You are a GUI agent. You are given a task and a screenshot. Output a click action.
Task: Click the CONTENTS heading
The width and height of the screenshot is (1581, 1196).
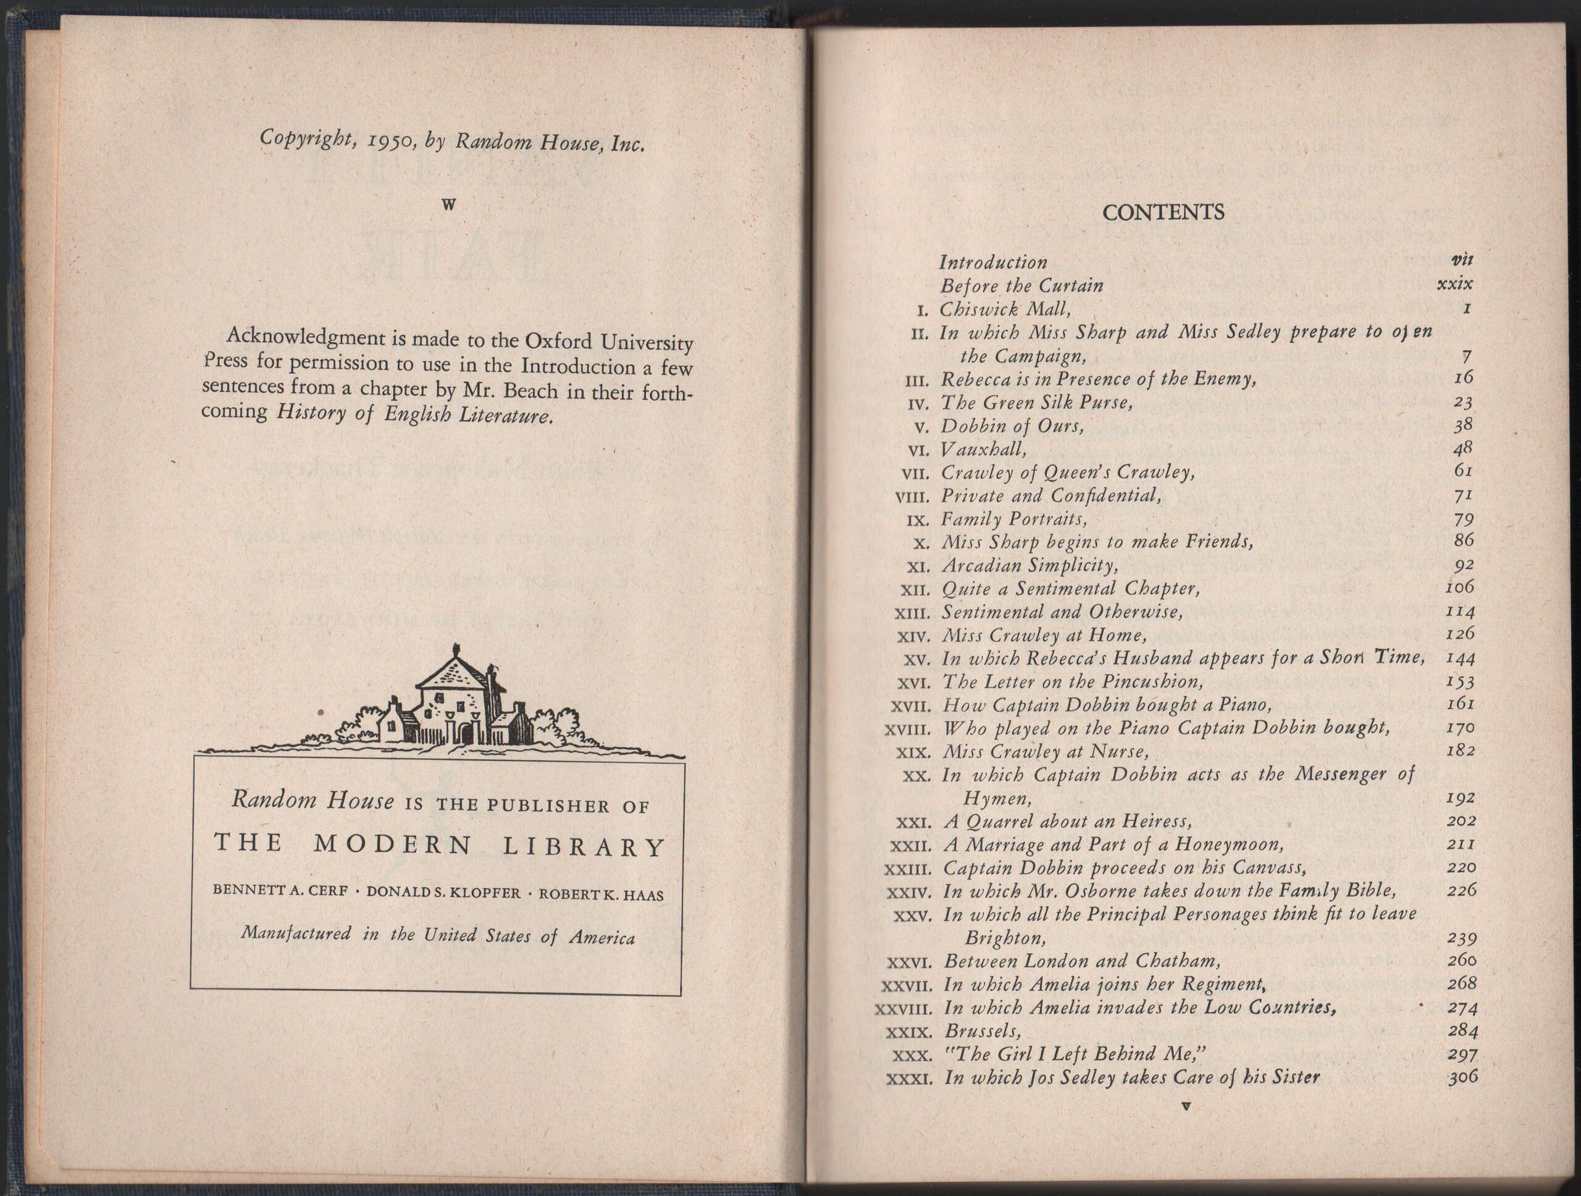point(1163,213)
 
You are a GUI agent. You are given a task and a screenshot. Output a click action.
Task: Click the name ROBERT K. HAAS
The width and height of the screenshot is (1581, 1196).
point(600,895)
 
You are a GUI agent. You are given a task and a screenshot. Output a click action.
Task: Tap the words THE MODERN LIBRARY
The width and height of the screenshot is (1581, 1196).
point(439,846)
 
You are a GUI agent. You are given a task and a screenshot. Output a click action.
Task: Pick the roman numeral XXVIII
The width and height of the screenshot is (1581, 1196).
point(904,1009)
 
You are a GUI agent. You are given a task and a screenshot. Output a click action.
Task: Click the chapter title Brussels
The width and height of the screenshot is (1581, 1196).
point(982,1031)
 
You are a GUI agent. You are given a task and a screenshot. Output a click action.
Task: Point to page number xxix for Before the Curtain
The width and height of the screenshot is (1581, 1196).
point(1454,283)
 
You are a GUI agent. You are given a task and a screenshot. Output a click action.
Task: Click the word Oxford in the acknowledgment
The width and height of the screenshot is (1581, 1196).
point(558,340)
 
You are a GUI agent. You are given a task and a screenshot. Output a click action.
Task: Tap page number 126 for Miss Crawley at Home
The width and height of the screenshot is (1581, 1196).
point(1460,633)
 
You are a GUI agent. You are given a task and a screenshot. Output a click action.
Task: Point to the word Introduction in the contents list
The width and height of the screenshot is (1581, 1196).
point(993,263)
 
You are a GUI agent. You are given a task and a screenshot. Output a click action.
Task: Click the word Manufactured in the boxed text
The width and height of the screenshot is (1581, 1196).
point(296,933)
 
